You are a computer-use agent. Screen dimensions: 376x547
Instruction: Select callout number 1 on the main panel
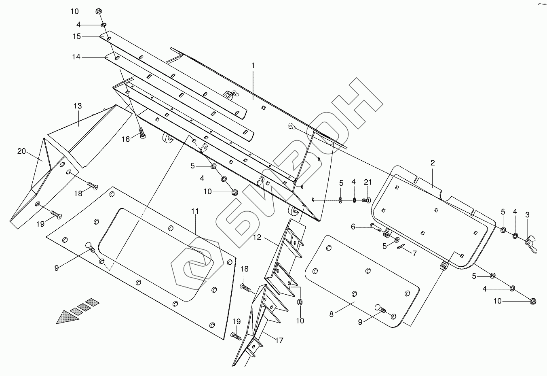pyautogui.click(x=253, y=65)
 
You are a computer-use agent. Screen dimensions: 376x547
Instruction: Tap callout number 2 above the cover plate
pyautogui.click(x=433, y=163)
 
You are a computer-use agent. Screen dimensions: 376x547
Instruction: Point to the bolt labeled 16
pyautogui.click(x=142, y=133)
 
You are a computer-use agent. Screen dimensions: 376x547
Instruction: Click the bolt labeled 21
pyautogui.click(x=367, y=200)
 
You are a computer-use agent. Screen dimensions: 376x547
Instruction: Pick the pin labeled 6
pyautogui.click(x=375, y=227)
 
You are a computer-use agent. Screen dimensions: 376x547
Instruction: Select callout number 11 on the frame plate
pyautogui.click(x=195, y=211)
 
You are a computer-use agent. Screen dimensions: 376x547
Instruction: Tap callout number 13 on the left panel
pyautogui.click(x=78, y=106)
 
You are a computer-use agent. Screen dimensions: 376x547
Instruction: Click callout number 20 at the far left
pyautogui.click(x=21, y=151)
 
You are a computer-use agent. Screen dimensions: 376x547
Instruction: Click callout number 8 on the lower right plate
pyautogui.click(x=332, y=314)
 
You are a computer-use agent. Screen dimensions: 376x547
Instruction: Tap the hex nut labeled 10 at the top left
pyautogui.click(x=99, y=11)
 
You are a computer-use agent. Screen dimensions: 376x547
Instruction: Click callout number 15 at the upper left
pyautogui.click(x=77, y=36)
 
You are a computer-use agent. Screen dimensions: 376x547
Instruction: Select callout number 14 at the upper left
pyautogui.click(x=76, y=57)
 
